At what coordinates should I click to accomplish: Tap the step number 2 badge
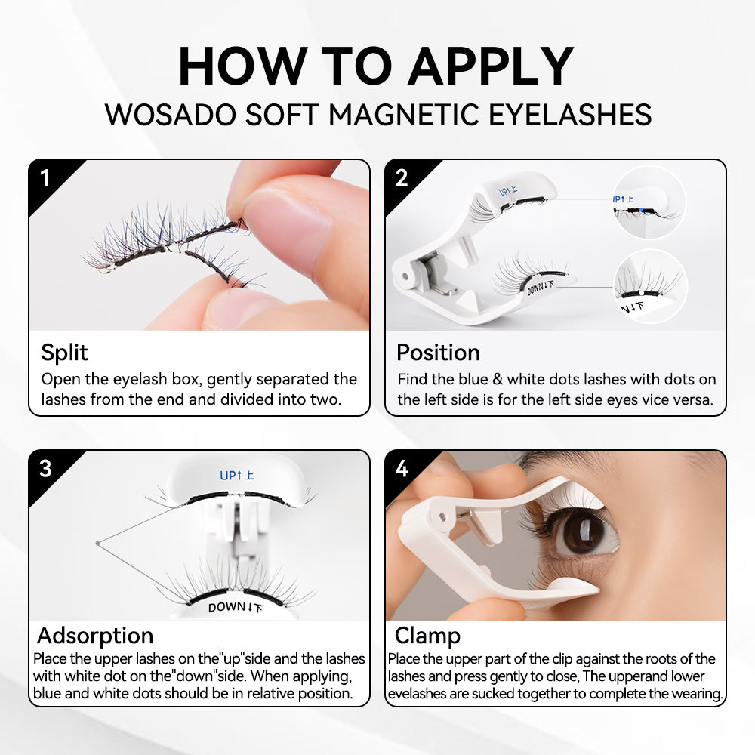point(402,179)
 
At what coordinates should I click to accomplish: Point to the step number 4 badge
point(402,469)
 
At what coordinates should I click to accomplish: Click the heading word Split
point(64,353)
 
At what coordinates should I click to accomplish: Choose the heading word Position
point(438,353)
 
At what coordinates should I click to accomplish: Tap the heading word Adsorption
point(95,635)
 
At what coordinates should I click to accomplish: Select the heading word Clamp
point(427,635)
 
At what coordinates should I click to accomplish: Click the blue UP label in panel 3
point(236,476)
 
